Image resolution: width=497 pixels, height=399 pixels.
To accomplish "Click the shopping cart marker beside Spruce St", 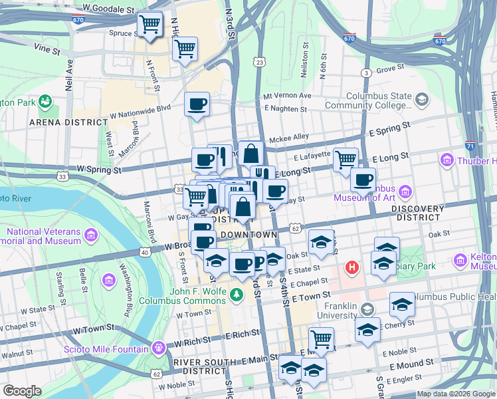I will (150, 25).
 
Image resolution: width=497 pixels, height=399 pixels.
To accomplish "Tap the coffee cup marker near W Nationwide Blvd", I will (197, 104).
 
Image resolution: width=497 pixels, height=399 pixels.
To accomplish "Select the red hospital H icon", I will (351, 267).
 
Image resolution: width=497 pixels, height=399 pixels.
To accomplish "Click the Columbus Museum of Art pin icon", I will (405, 192).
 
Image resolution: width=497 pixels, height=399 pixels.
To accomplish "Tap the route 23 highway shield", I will (259, 62).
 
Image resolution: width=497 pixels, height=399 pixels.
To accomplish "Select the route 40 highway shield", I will (145, 251).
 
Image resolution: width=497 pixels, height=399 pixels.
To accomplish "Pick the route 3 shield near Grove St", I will (365, 72).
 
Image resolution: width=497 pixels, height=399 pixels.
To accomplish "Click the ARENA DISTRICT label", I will (68, 122).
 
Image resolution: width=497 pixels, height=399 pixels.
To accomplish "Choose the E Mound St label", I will (411, 363).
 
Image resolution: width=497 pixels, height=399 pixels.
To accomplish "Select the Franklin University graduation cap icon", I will (366, 309).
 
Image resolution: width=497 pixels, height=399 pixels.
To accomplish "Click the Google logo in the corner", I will (23, 390).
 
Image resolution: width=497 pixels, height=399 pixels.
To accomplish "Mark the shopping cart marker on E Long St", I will (346, 159).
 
